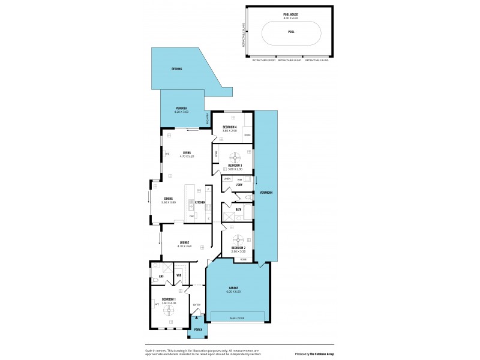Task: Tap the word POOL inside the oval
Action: click(x=290, y=32)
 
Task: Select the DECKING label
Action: click(x=176, y=69)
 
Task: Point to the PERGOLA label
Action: click(x=182, y=109)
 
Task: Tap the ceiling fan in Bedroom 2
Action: click(x=238, y=238)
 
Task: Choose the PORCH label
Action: click(x=198, y=329)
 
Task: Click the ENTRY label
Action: click(x=196, y=305)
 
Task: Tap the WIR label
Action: click(x=179, y=275)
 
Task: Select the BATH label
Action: click(x=238, y=209)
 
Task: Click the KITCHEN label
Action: click(x=200, y=202)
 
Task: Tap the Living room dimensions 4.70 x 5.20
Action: click(x=187, y=156)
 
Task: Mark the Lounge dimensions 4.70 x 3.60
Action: click(x=184, y=246)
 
